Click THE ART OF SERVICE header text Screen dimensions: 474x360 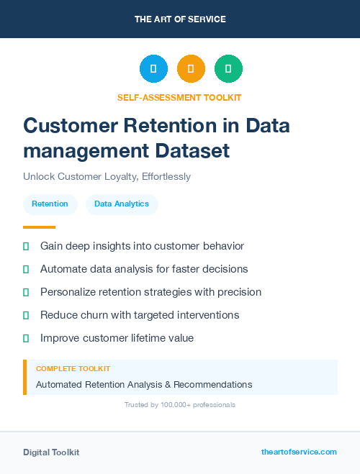point(180,19)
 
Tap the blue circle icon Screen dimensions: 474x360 point(153,69)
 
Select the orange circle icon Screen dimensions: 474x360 point(191,69)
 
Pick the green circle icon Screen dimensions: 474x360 point(228,69)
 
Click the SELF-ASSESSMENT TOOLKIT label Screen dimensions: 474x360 point(179,97)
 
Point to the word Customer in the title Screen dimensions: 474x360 point(66,125)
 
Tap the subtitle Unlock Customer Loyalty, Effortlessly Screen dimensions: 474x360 point(107,176)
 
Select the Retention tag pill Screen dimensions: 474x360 point(50,204)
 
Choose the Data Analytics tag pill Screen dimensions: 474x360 point(122,204)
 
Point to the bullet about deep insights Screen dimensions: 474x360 point(142,246)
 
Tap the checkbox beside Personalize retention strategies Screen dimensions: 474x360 point(26,292)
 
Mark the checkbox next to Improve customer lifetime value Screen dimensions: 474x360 point(26,338)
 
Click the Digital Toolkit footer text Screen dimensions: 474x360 point(51,452)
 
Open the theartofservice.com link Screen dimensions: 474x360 point(299,452)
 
